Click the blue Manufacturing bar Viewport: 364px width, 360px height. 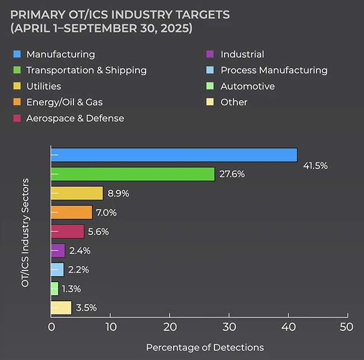pos(174,155)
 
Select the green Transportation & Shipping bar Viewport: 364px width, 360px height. pos(133,174)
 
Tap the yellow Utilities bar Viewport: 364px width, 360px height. pos(77,193)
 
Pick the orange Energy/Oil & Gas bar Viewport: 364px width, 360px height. pos(71,212)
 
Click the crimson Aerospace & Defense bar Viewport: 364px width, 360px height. pos(67,231)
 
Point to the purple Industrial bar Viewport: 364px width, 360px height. pos(58,250)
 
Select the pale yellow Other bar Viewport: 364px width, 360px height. pos(61,307)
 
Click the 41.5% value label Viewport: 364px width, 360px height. pos(315,166)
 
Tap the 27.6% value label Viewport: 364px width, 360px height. pos(232,174)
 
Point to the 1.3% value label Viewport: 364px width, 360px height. pos(71,289)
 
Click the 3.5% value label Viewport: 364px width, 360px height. pos(86,307)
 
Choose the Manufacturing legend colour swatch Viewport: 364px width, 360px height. pos(17,54)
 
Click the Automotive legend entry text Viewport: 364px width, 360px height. pos(248,86)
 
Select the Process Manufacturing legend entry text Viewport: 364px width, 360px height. pos(274,71)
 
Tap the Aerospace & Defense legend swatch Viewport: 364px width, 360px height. pos(17,118)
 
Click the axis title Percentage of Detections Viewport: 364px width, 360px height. pos(204,348)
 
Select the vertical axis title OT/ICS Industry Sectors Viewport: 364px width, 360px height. pos(25,233)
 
